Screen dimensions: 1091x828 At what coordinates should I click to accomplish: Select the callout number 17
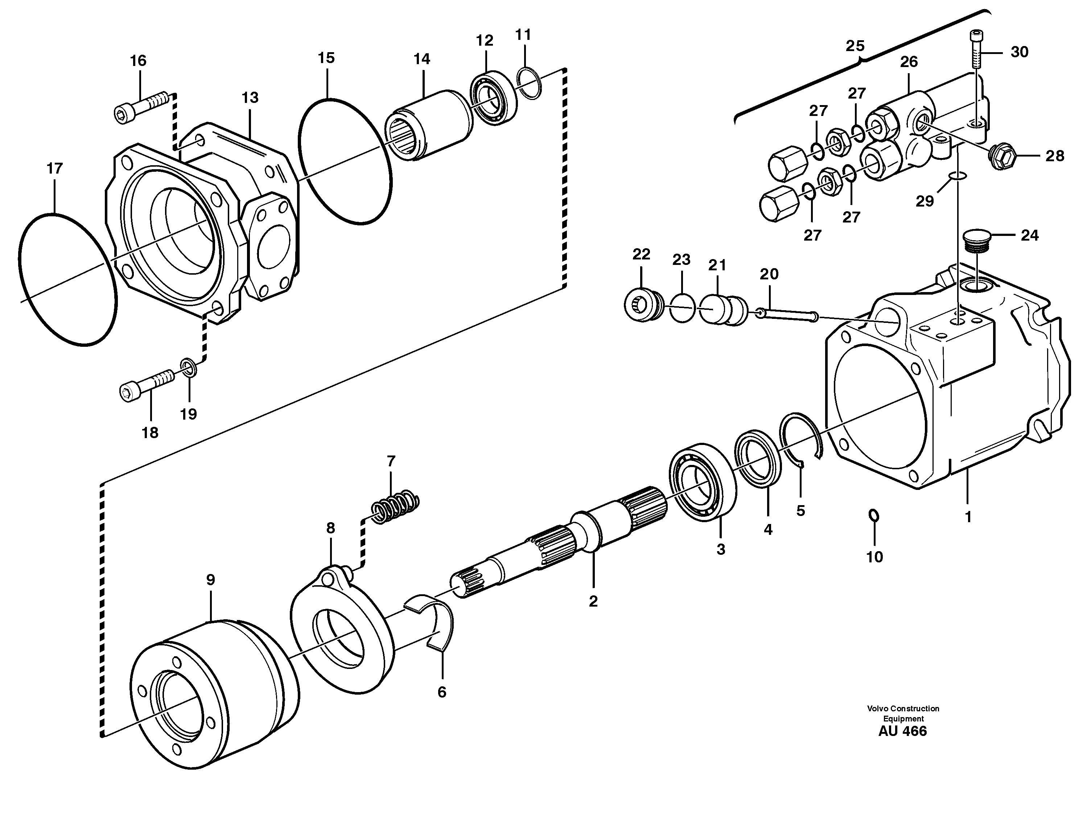54,168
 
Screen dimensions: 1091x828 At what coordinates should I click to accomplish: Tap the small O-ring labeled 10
873,515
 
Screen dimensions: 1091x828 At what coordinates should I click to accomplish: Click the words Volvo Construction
903,708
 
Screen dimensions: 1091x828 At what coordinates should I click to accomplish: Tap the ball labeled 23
682,308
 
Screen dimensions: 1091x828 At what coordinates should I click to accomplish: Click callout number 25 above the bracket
855,46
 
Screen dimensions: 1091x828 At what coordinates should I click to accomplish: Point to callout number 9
211,580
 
